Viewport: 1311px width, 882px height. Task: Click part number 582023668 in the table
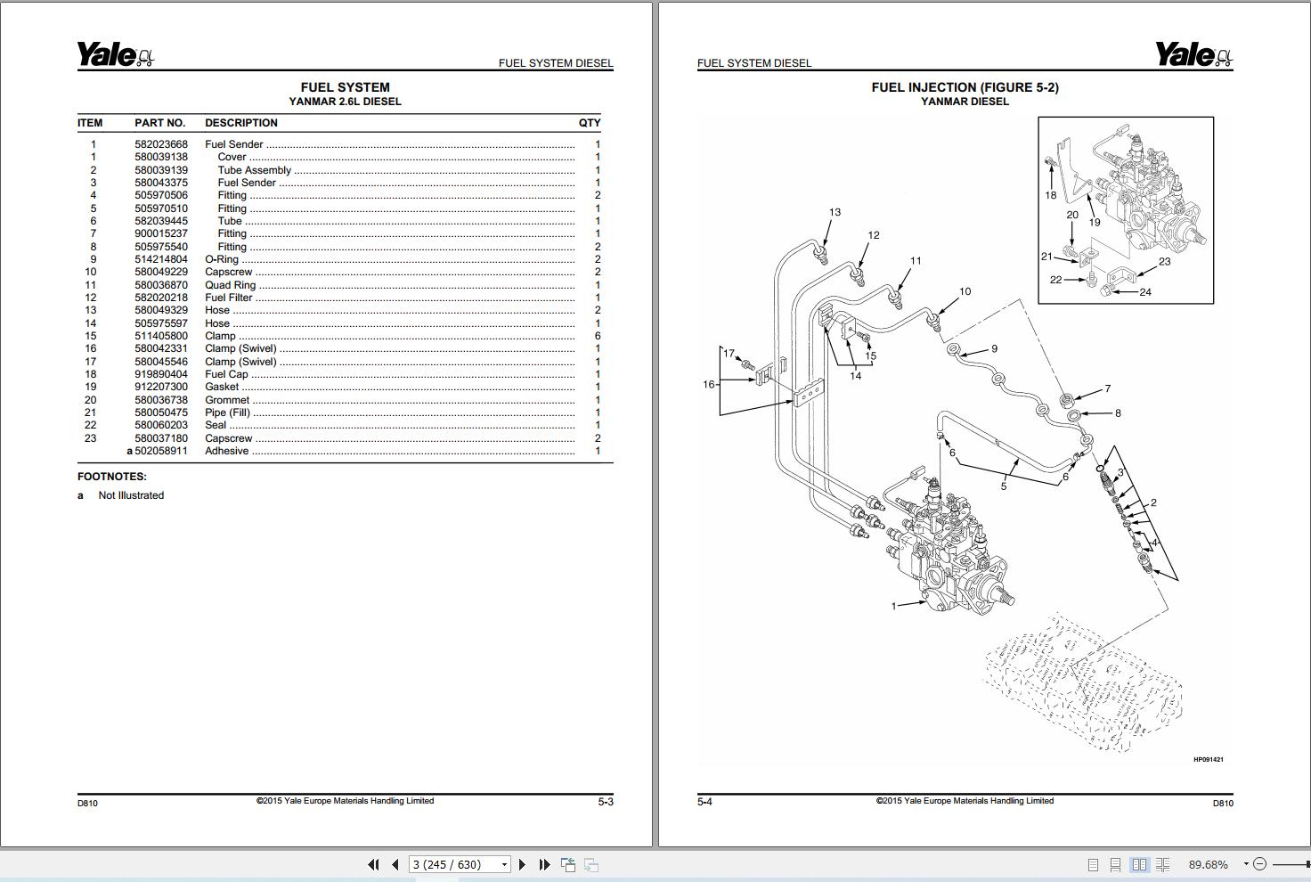(161, 144)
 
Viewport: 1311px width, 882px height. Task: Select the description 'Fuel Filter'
(229, 298)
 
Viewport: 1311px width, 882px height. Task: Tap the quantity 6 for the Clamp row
(598, 336)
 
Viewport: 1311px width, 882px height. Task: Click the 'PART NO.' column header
(160, 123)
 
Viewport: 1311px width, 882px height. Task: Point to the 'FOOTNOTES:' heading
(112, 477)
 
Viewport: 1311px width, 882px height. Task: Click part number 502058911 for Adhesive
(161, 451)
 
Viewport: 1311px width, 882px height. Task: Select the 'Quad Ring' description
(231, 285)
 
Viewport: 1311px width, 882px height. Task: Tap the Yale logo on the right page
(1194, 55)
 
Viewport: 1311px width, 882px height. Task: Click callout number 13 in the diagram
(835, 212)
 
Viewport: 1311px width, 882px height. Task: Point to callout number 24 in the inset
(1145, 292)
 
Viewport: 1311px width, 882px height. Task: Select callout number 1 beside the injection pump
(893, 606)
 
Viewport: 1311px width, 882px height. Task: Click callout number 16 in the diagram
(709, 385)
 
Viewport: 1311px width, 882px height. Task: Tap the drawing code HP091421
(1208, 760)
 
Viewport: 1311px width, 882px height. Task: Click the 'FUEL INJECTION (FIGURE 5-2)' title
(965, 87)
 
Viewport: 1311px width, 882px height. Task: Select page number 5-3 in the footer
(606, 802)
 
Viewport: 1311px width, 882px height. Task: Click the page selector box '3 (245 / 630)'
(460, 864)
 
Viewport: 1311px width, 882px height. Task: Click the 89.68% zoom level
(1208, 864)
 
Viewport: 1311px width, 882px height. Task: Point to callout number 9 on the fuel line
(994, 348)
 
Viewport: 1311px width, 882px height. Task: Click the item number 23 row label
(90, 438)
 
